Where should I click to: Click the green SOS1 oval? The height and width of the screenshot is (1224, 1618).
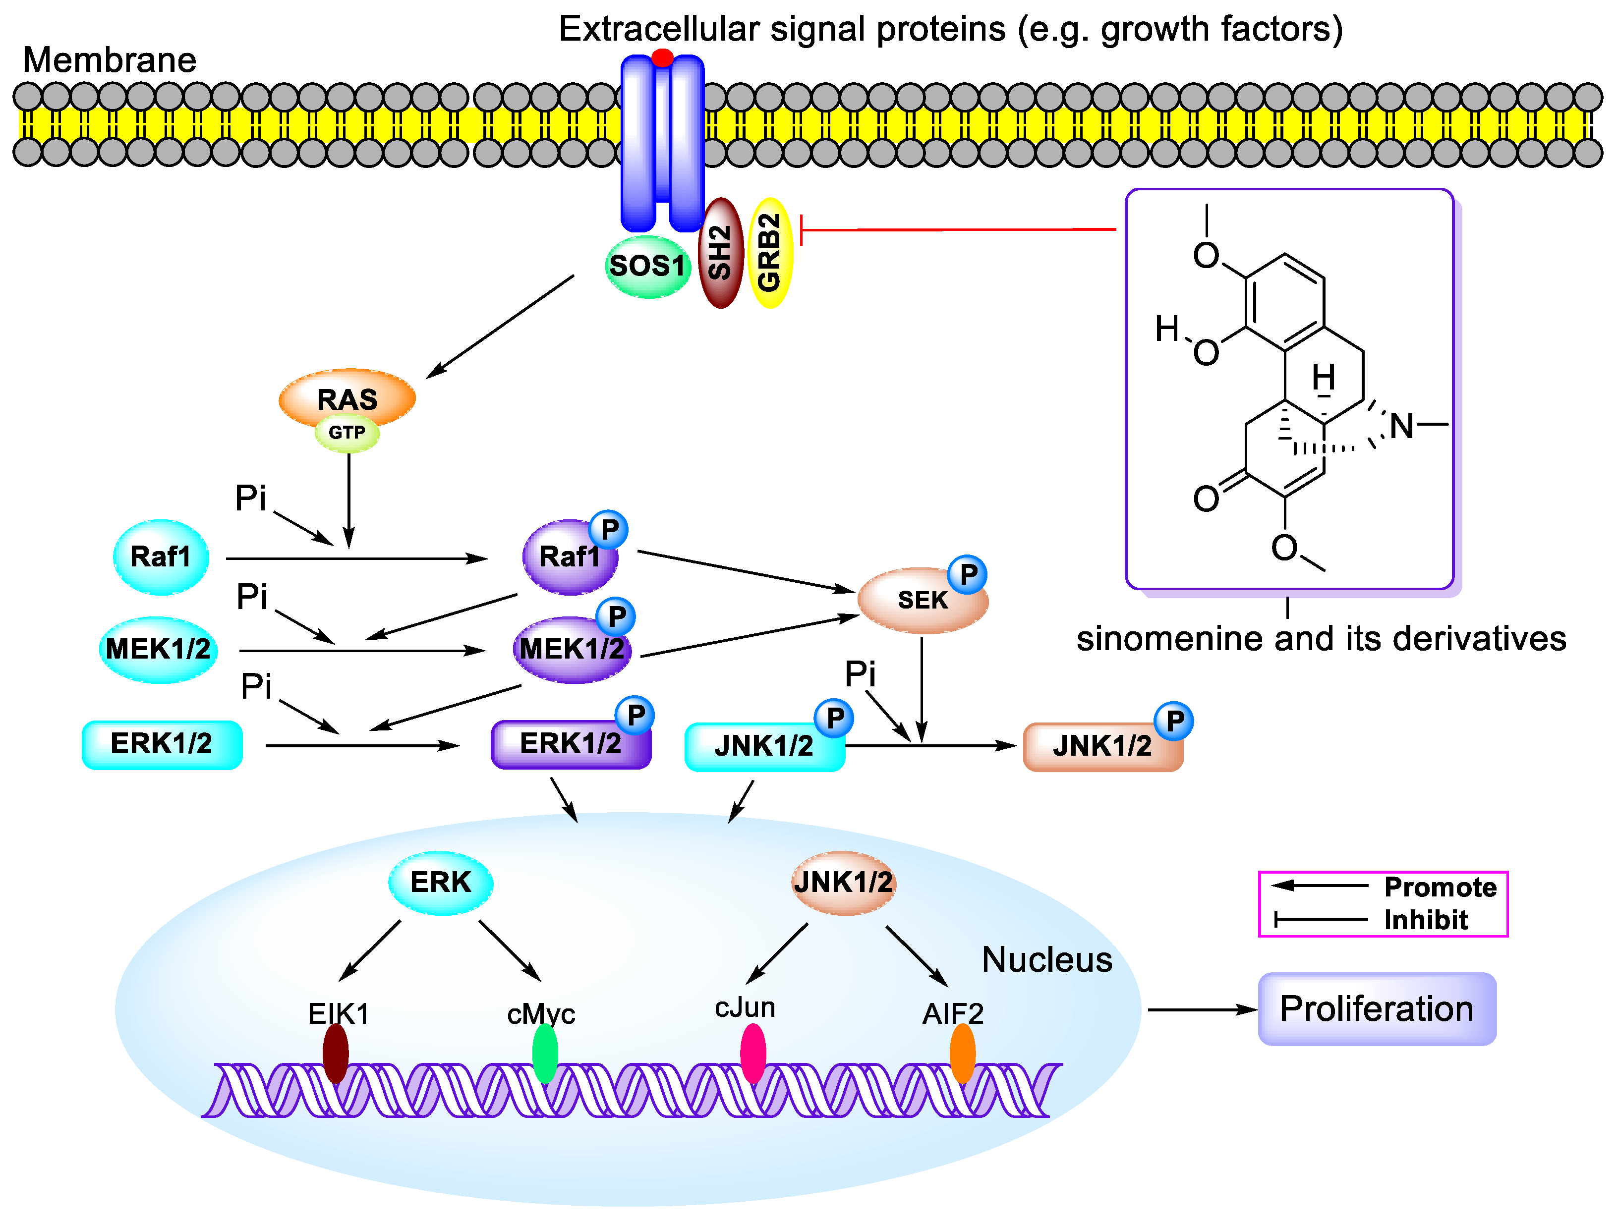tap(648, 266)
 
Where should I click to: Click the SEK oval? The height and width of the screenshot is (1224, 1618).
tap(922, 600)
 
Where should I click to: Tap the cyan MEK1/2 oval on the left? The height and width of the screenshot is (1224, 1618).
tap(158, 649)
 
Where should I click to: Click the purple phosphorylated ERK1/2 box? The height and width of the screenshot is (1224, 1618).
tap(571, 744)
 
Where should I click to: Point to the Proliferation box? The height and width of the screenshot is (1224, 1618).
tap(1377, 1009)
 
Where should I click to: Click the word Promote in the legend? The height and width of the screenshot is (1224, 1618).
tap(1440, 887)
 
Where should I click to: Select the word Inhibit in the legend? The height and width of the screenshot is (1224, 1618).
tap(1426, 920)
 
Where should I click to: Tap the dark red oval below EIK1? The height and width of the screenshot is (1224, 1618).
tap(336, 1053)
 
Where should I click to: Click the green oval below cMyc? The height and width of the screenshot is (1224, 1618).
tap(545, 1053)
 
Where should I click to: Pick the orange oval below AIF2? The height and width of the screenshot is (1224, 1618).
tap(963, 1053)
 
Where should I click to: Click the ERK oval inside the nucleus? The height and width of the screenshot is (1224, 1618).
tap(440, 883)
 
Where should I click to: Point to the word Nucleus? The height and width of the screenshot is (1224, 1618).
tap(1047, 960)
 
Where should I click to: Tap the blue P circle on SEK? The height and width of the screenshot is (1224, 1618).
tap(968, 575)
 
